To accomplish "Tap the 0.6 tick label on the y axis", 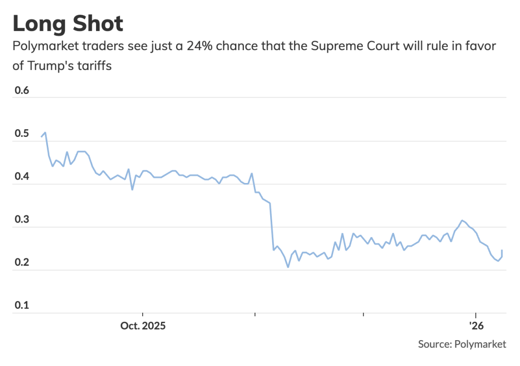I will click(x=21, y=91).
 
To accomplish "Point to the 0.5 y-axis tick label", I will click(x=21, y=134).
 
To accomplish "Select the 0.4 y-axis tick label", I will click(x=21, y=177).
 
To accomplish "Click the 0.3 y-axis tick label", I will click(x=21, y=221).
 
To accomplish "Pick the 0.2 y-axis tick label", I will click(x=21, y=263).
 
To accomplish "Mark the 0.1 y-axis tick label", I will click(x=21, y=306).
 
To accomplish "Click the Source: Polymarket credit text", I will click(x=462, y=344).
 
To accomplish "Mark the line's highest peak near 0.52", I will click(x=46, y=132).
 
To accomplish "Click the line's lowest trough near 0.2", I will click(x=288, y=267).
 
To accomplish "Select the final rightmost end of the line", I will click(x=502, y=250).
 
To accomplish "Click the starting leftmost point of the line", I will click(x=42, y=137).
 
